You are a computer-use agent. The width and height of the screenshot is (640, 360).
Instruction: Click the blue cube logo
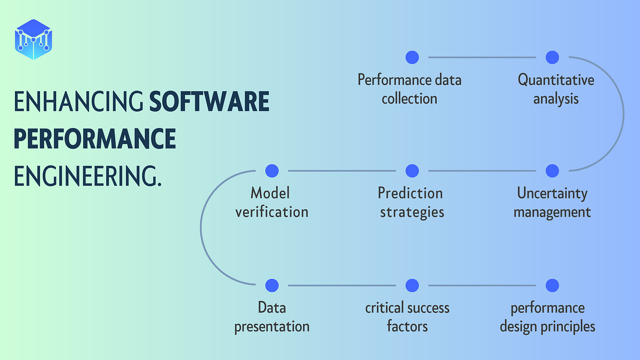(34, 39)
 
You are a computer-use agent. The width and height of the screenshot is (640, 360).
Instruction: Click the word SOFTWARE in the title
(209, 102)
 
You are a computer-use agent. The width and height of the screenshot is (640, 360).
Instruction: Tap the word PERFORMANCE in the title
(94, 139)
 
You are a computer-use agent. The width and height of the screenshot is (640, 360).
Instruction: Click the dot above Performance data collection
(412, 57)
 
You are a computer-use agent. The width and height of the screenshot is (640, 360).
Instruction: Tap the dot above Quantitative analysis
(552, 57)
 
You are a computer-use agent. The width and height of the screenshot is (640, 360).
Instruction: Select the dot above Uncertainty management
(552, 171)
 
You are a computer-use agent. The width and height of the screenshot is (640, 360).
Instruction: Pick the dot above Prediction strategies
(412, 171)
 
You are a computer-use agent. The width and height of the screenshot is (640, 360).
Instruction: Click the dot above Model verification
(271, 171)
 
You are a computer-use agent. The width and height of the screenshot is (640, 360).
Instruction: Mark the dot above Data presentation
(271, 285)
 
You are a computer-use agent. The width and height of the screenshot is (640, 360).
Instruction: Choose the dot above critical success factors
(412, 285)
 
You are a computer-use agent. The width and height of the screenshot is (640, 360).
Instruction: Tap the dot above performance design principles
(552, 285)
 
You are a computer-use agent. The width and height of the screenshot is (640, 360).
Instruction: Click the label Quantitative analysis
(556, 89)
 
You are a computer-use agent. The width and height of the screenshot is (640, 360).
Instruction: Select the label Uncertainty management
(552, 202)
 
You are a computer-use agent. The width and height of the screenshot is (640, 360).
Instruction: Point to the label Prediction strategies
(412, 202)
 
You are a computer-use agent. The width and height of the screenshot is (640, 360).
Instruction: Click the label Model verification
(271, 202)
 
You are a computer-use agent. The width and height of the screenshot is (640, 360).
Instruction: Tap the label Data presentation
(271, 316)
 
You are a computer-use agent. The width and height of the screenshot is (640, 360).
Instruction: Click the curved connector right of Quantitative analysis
(623, 114)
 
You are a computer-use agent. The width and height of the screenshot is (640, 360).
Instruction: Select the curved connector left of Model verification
(201, 228)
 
